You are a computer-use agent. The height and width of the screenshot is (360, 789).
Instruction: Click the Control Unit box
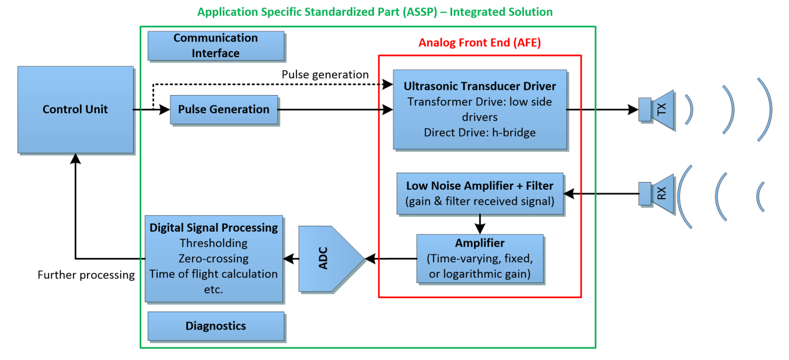pos(75,109)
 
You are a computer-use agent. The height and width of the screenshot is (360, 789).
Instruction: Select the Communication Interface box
pos(215,46)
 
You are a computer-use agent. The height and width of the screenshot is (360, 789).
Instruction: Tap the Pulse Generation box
pos(224,110)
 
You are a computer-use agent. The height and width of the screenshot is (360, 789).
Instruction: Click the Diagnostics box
pos(215,326)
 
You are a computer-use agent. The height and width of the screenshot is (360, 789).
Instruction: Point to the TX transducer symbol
pos(657,109)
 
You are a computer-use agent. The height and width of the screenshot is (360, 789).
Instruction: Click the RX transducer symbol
pos(657,193)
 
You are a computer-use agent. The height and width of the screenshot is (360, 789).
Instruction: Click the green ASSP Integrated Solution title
pos(375,12)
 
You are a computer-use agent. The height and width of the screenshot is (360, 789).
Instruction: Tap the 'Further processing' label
pos(86,275)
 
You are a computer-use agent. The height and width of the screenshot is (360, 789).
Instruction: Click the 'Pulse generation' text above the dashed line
pos(325,75)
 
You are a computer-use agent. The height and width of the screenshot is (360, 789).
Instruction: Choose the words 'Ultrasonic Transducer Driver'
pos(480,86)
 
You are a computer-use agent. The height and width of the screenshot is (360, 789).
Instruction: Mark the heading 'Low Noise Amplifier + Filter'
pos(480,186)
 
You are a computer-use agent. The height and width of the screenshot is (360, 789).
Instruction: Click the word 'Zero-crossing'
pos(214,258)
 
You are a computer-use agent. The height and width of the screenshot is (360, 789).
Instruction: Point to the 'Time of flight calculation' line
pos(214,274)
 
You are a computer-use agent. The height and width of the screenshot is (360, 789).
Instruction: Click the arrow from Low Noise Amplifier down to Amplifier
pos(480,223)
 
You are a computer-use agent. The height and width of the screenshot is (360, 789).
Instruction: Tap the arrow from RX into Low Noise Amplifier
pos(601,193)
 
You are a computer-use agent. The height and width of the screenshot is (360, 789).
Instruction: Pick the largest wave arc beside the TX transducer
pos(766,109)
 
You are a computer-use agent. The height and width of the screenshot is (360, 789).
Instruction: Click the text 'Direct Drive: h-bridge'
pos(480,132)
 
